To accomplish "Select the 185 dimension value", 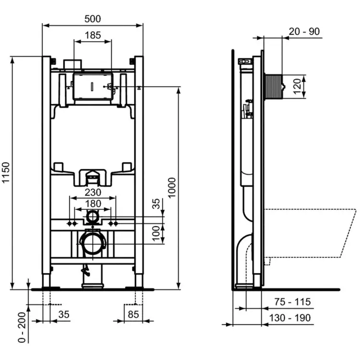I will click(93, 35).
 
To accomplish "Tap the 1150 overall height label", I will click(6, 173).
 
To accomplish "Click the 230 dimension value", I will click(93, 192).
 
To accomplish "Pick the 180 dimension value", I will click(93, 204).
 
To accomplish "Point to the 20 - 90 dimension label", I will click(304, 32).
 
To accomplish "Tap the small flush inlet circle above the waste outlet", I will click(92, 218).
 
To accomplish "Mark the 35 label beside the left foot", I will click(63, 315).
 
